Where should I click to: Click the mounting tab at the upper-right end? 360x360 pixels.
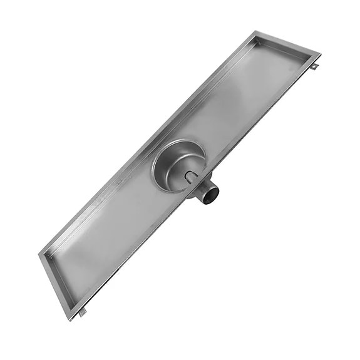(x=316, y=64)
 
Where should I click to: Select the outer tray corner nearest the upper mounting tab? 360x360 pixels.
(x=320, y=55)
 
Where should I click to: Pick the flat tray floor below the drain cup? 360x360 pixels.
(x=113, y=238)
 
